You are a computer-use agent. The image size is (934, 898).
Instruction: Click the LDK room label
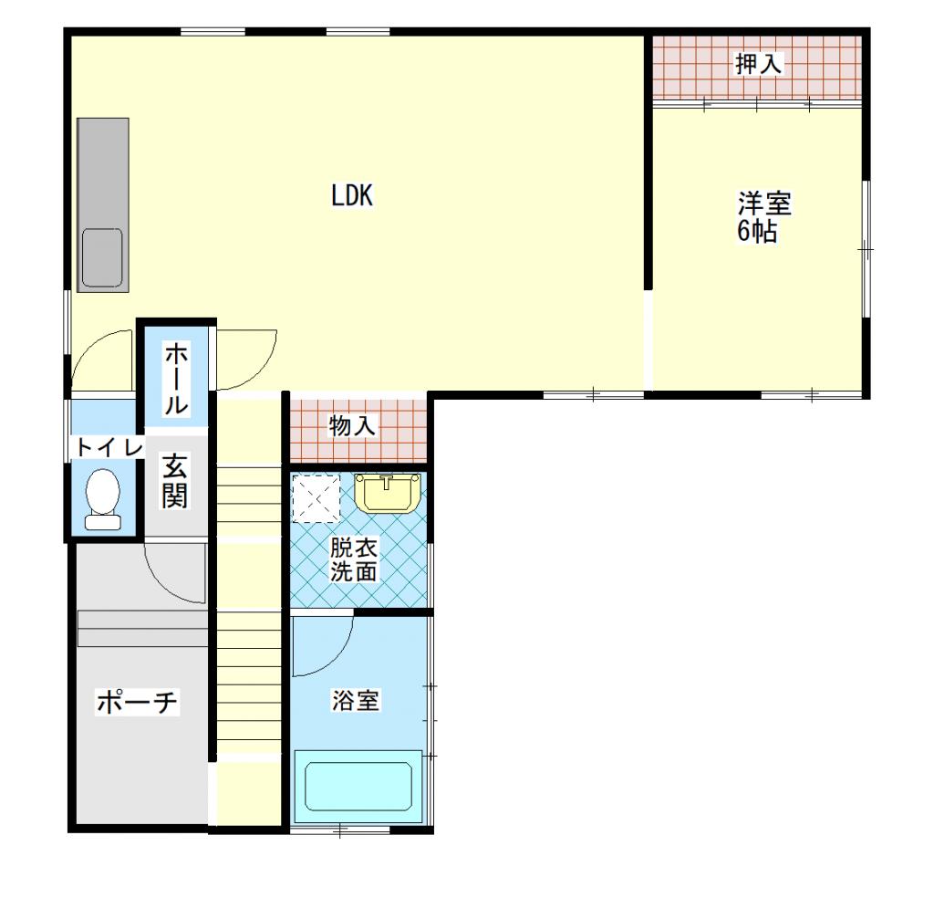tap(352, 195)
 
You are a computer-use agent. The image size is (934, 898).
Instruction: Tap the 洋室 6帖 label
tap(763, 217)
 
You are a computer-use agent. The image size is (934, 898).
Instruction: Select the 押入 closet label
tap(758, 64)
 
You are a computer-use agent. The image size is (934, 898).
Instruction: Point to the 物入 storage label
tap(352, 426)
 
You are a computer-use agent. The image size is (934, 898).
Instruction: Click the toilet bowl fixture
tap(103, 491)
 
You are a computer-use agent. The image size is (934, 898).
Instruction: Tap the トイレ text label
tap(109, 447)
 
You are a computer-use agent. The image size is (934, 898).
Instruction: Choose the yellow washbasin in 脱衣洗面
tap(387, 492)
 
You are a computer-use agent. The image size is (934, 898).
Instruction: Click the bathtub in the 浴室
tap(358, 787)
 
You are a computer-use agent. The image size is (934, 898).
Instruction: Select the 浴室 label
tap(356, 700)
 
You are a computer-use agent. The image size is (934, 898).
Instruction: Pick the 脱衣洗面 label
tap(354, 559)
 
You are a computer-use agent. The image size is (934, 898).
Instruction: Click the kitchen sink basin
tap(102, 257)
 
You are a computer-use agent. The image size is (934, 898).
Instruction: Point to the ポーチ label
tap(137, 702)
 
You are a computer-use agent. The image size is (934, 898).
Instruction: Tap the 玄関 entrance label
tap(175, 481)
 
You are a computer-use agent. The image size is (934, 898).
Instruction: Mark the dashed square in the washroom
tap(316, 498)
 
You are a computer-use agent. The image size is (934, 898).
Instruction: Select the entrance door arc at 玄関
tap(166, 585)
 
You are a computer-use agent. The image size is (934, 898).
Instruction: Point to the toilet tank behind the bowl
tap(103, 521)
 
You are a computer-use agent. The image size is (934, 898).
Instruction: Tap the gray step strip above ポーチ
tap(142, 628)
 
